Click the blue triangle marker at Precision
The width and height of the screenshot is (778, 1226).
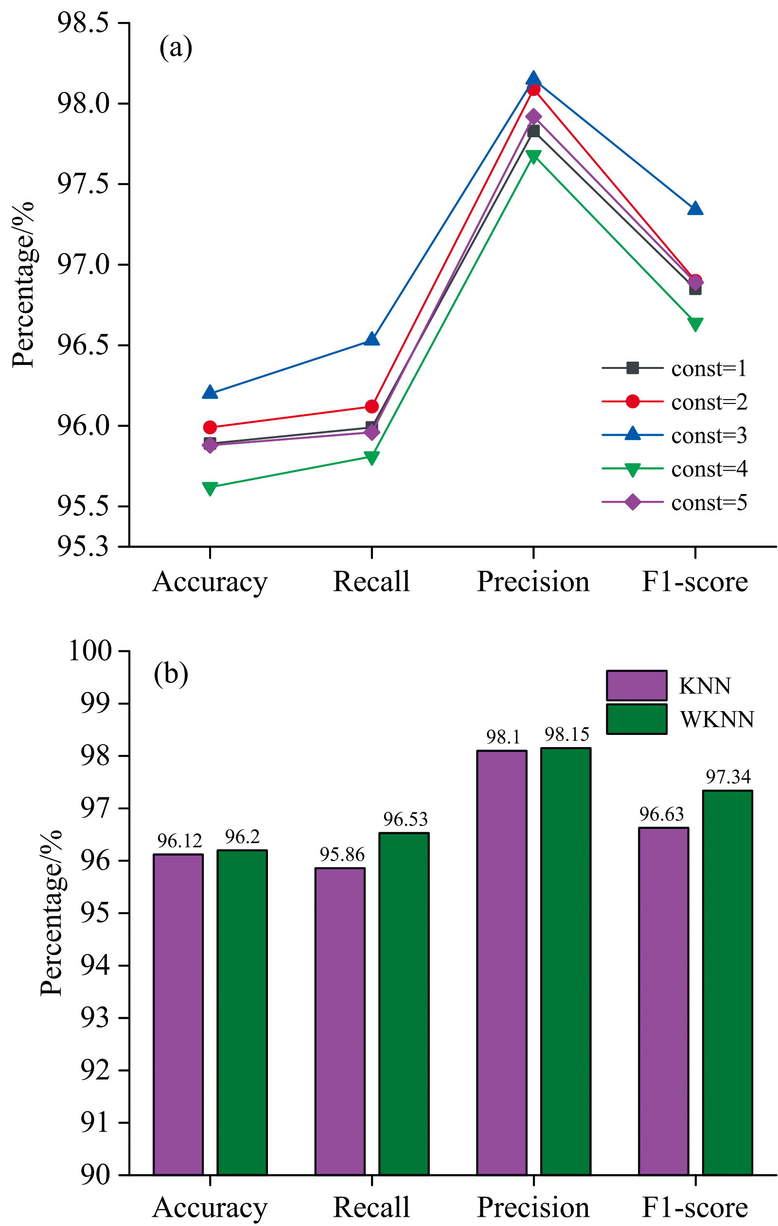[533, 78]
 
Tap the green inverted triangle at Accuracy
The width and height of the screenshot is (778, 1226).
[210, 488]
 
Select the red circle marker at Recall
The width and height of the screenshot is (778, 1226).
[372, 406]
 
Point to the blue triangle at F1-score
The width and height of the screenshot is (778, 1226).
[695, 209]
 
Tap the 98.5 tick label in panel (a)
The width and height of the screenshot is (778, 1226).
[83, 23]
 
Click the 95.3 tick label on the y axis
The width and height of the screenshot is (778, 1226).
[83, 547]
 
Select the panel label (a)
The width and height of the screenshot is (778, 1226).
[176, 48]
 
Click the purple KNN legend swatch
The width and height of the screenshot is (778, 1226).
[636, 685]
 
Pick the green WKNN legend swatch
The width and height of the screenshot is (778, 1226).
[636, 719]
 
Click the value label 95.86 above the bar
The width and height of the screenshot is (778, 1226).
[342, 854]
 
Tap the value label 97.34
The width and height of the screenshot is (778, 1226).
[728, 777]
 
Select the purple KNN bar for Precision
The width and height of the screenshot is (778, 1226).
[502, 962]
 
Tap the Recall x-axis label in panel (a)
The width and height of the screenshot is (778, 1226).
[371, 582]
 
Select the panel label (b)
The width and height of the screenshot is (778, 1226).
[171, 674]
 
